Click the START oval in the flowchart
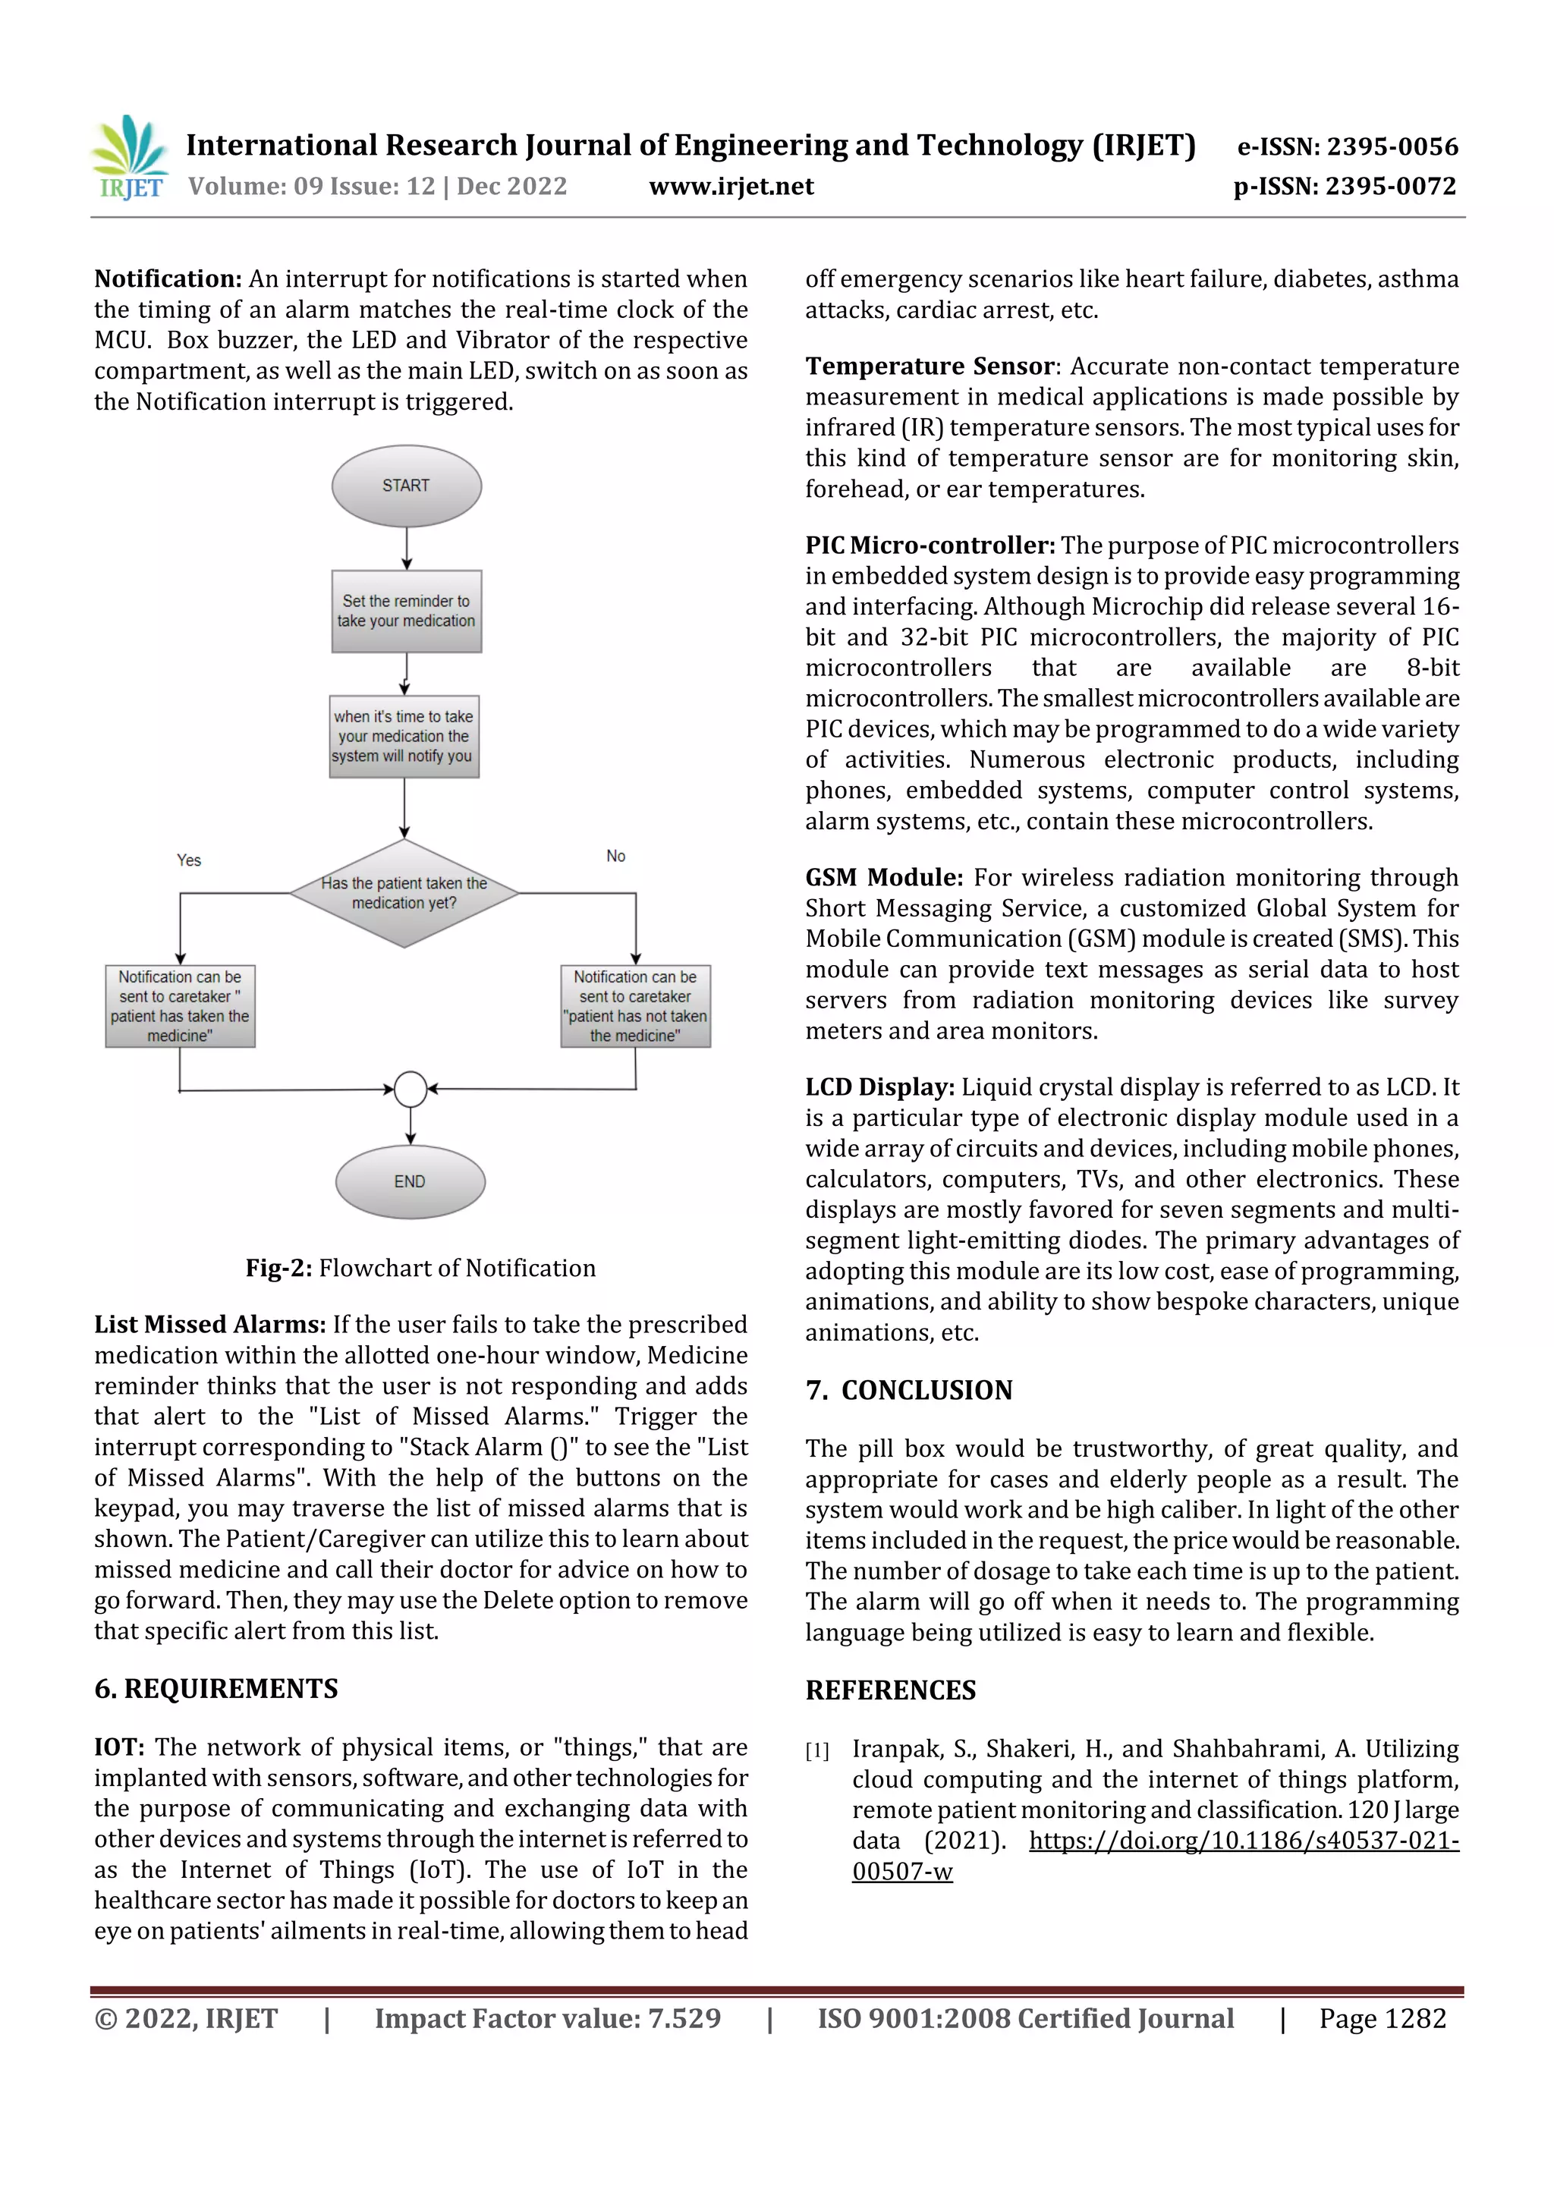point(406,486)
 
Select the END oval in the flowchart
point(410,1181)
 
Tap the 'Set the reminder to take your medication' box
point(406,611)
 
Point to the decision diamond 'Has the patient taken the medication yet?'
point(404,893)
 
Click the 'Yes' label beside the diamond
point(189,860)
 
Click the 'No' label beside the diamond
point(615,856)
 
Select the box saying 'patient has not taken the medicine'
point(635,1006)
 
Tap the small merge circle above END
point(411,1089)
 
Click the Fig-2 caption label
point(420,1268)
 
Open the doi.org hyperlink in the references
point(1243,1840)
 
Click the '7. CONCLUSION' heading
point(909,1390)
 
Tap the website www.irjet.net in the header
point(731,187)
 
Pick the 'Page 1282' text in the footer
point(1382,2018)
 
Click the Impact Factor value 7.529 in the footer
point(684,2018)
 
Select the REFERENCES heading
point(891,1690)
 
